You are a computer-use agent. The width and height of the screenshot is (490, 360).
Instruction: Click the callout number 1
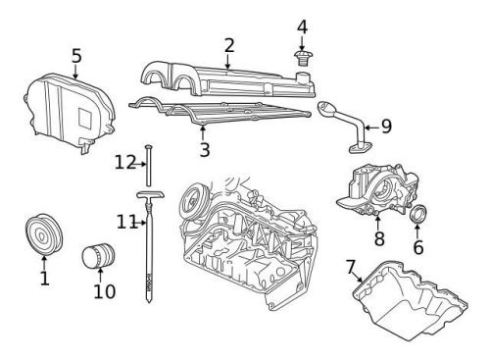[44, 281]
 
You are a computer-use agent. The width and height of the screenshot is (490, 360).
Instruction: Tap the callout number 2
[228, 44]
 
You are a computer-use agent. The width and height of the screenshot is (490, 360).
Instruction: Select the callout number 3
[204, 149]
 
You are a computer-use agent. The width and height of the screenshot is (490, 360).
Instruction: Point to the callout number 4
[302, 26]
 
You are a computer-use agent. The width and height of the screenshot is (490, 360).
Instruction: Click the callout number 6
[417, 247]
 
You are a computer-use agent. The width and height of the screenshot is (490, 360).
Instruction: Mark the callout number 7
[350, 267]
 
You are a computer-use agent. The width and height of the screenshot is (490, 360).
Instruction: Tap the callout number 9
[385, 126]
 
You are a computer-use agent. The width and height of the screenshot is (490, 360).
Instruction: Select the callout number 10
[104, 291]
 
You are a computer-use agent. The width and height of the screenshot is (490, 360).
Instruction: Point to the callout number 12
[122, 162]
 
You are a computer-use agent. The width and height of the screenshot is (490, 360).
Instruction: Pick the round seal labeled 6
[417, 214]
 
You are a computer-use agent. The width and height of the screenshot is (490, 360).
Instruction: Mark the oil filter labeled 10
[97, 257]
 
